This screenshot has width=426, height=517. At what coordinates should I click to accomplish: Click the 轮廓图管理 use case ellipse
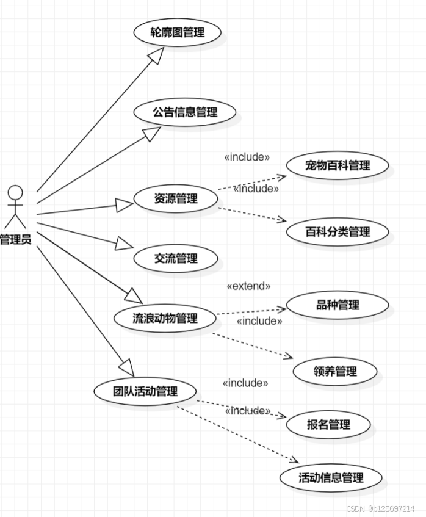pos(177,32)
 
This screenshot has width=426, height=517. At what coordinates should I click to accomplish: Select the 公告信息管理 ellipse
pos(185,112)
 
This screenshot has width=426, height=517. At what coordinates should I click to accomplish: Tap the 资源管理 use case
pos(175,198)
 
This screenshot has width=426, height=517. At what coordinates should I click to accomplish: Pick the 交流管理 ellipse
pos(176,258)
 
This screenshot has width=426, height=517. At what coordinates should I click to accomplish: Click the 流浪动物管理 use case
pos(165,318)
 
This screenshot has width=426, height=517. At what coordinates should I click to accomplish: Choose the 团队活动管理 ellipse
pos(145,391)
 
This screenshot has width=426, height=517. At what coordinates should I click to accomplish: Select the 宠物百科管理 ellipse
pos(338,165)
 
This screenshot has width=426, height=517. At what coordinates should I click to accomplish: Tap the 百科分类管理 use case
pos(338,232)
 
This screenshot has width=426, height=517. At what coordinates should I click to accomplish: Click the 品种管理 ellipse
pos(338,305)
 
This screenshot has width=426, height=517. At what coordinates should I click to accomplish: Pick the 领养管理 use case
pos(335,371)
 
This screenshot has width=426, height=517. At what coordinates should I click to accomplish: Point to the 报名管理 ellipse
pos(329,424)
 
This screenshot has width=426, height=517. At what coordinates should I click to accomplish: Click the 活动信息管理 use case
pos(331,477)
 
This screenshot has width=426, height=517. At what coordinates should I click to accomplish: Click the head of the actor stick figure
pos(15,193)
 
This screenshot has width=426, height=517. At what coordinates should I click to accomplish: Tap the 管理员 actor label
pos(15,240)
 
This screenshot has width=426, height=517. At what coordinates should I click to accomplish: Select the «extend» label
pos(248,286)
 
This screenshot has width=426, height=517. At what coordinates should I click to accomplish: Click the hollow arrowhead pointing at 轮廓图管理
pos(158,56)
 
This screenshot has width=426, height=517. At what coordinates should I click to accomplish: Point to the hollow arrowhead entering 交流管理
pos(125,245)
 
